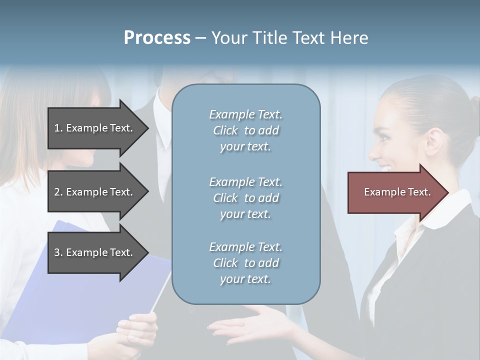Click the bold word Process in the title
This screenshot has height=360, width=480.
click(x=157, y=38)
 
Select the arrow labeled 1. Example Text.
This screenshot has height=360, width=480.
click(x=95, y=128)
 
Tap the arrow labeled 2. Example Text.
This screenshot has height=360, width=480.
click(x=95, y=192)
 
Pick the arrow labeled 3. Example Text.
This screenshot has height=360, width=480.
click(x=95, y=252)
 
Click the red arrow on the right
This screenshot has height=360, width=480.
click(x=395, y=192)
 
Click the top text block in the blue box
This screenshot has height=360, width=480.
click(x=245, y=130)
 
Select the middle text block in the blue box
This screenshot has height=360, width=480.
click(x=245, y=198)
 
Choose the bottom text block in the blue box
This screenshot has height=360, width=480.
click(x=245, y=263)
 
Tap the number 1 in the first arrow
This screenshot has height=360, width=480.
click(x=57, y=128)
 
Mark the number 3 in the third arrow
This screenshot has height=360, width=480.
click(x=57, y=252)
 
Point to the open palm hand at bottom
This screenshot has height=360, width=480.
click(x=250, y=327)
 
